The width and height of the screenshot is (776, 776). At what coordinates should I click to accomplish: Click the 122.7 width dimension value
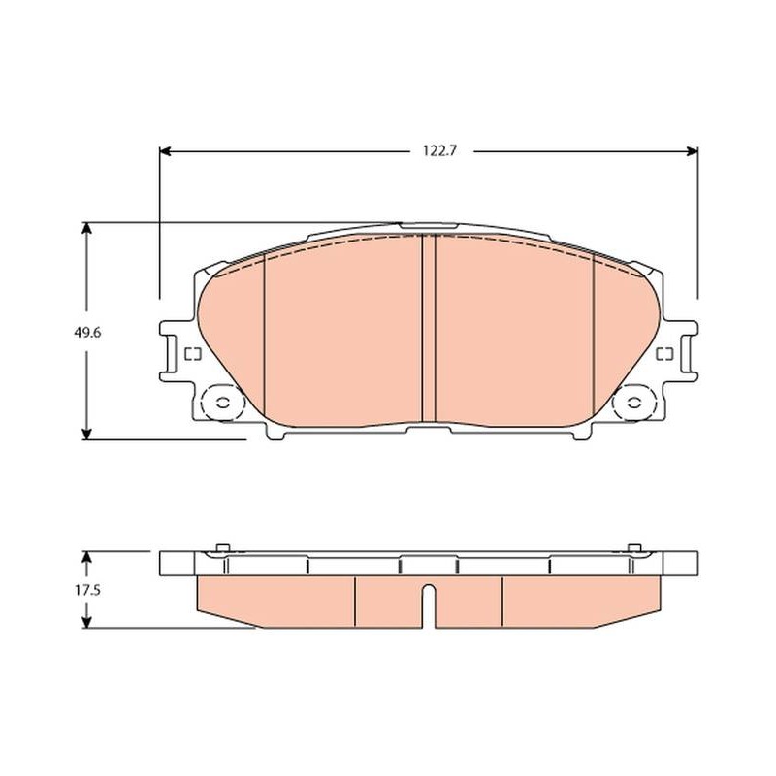tap(439, 151)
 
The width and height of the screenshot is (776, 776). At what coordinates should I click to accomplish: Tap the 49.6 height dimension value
tap(87, 333)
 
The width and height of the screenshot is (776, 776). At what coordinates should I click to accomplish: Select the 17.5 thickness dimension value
tap(87, 590)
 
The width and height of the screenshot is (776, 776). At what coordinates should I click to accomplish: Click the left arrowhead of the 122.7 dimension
tap(165, 151)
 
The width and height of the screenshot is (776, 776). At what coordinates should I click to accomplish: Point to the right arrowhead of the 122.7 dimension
tap(693, 151)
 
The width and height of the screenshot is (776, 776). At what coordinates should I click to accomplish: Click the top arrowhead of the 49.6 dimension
tap(87, 228)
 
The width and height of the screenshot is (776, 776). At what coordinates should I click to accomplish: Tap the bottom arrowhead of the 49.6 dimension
tap(87, 434)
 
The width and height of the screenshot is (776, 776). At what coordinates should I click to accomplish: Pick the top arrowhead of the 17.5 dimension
tap(87, 556)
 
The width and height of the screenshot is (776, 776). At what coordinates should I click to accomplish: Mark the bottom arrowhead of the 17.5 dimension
tap(87, 622)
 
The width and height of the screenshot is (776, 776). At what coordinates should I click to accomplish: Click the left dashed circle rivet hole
tap(223, 403)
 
